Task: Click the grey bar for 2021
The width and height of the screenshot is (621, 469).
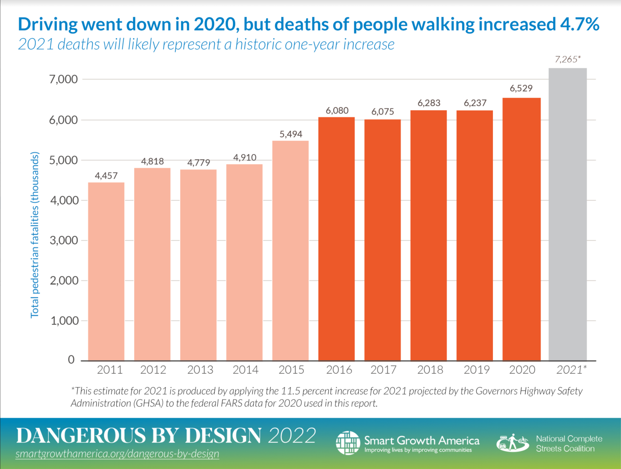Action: (568, 214)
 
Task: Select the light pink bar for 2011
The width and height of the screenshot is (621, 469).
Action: (106, 271)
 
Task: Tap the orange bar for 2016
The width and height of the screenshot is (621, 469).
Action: (336, 239)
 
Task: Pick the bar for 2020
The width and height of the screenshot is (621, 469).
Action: (521, 229)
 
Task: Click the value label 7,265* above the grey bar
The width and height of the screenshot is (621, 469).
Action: (568, 59)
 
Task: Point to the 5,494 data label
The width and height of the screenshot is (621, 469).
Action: (291, 134)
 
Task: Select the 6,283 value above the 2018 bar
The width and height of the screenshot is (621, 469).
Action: (429, 103)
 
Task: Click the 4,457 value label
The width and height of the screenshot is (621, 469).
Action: (106, 176)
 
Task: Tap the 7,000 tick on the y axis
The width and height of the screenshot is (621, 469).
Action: (63, 80)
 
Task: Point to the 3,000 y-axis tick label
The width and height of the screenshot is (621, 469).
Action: (63, 240)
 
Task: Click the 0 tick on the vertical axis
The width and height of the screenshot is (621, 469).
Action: (71, 360)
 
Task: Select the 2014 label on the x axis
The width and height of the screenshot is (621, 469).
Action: (245, 370)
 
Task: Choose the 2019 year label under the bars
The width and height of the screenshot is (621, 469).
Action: (476, 370)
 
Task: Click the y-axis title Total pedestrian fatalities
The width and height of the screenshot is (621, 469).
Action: (35, 235)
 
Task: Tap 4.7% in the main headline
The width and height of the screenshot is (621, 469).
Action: (579, 24)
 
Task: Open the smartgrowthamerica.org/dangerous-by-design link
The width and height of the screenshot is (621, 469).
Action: (117, 454)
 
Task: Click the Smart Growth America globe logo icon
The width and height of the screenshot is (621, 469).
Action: (348, 443)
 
